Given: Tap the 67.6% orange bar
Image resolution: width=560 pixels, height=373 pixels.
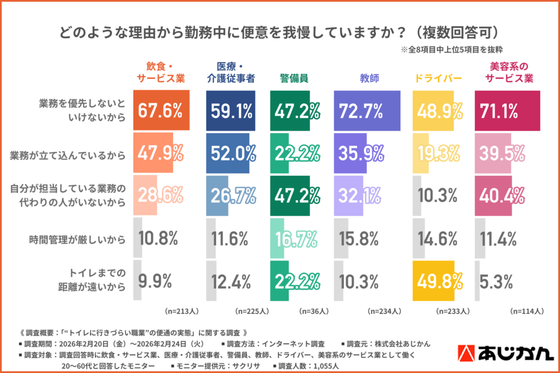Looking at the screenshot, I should pyautogui.click(x=161, y=111).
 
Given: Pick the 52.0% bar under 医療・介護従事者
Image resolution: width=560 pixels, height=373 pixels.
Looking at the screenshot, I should pyautogui.click(x=231, y=154).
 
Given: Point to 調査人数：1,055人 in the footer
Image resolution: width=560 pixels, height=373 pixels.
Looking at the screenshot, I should pyautogui.click(x=308, y=365).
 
